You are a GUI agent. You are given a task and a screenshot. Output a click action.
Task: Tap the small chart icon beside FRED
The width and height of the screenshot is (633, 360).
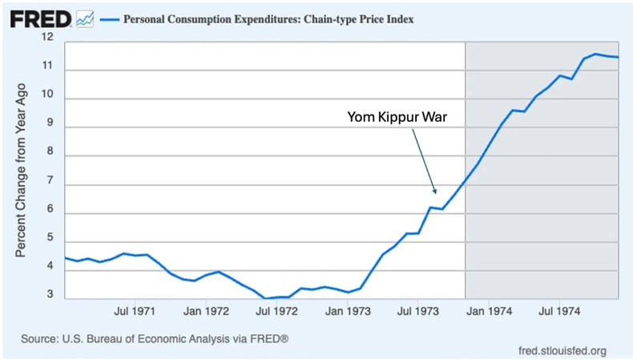tap(83, 17)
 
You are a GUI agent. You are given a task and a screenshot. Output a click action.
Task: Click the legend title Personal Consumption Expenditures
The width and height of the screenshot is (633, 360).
tap(268, 18)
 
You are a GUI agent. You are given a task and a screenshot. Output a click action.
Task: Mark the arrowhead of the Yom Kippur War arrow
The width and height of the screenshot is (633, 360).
tap(435, 193)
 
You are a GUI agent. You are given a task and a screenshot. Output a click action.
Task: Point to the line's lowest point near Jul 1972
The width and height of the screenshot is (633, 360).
tap(265, 298)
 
